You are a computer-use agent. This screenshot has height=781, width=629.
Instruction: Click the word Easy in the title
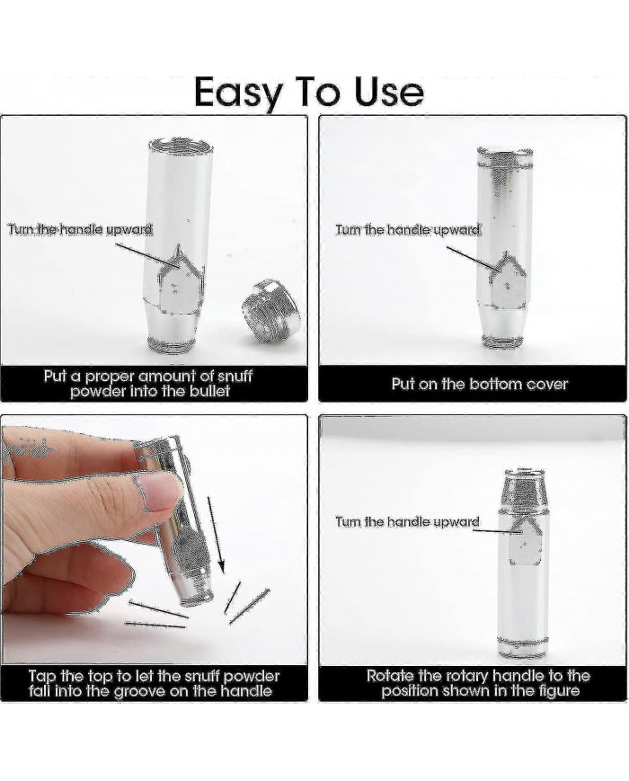tap(237, 93)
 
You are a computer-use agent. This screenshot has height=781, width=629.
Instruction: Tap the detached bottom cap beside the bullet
tap(272, 312)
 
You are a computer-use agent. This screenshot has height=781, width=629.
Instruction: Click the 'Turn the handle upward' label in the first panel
tap(80, 229)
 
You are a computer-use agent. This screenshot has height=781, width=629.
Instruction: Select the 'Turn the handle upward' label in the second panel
tap(408, 229)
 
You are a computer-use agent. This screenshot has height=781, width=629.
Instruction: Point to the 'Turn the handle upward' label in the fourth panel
tap(407, 521)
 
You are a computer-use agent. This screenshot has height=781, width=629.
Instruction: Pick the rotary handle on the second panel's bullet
tap(508, 282)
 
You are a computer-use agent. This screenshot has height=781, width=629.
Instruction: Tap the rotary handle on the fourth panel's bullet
tap(525, 542)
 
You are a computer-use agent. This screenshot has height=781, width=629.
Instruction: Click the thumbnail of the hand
tap(160, 490)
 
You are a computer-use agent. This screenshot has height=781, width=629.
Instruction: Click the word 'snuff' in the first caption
tap(232, 376)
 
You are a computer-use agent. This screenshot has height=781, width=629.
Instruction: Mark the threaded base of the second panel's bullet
tap(502, 342)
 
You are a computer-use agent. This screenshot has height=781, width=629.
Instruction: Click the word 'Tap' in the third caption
tap(42, 677)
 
